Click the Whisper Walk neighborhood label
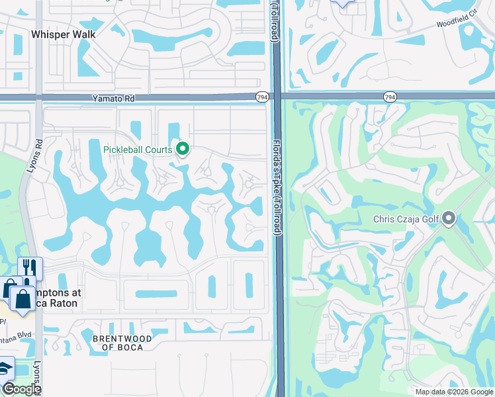click(63, 34)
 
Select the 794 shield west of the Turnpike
click(262, 97)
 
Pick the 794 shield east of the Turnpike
click(390, 97)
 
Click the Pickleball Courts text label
click(138, 150)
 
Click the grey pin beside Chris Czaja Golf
click(449, 218)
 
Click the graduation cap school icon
click(5, 369)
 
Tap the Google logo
click(21, 389)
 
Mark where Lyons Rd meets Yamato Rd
click(39, 97)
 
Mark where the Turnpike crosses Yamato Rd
click(278, 97)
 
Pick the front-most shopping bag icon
click(22, 299)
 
